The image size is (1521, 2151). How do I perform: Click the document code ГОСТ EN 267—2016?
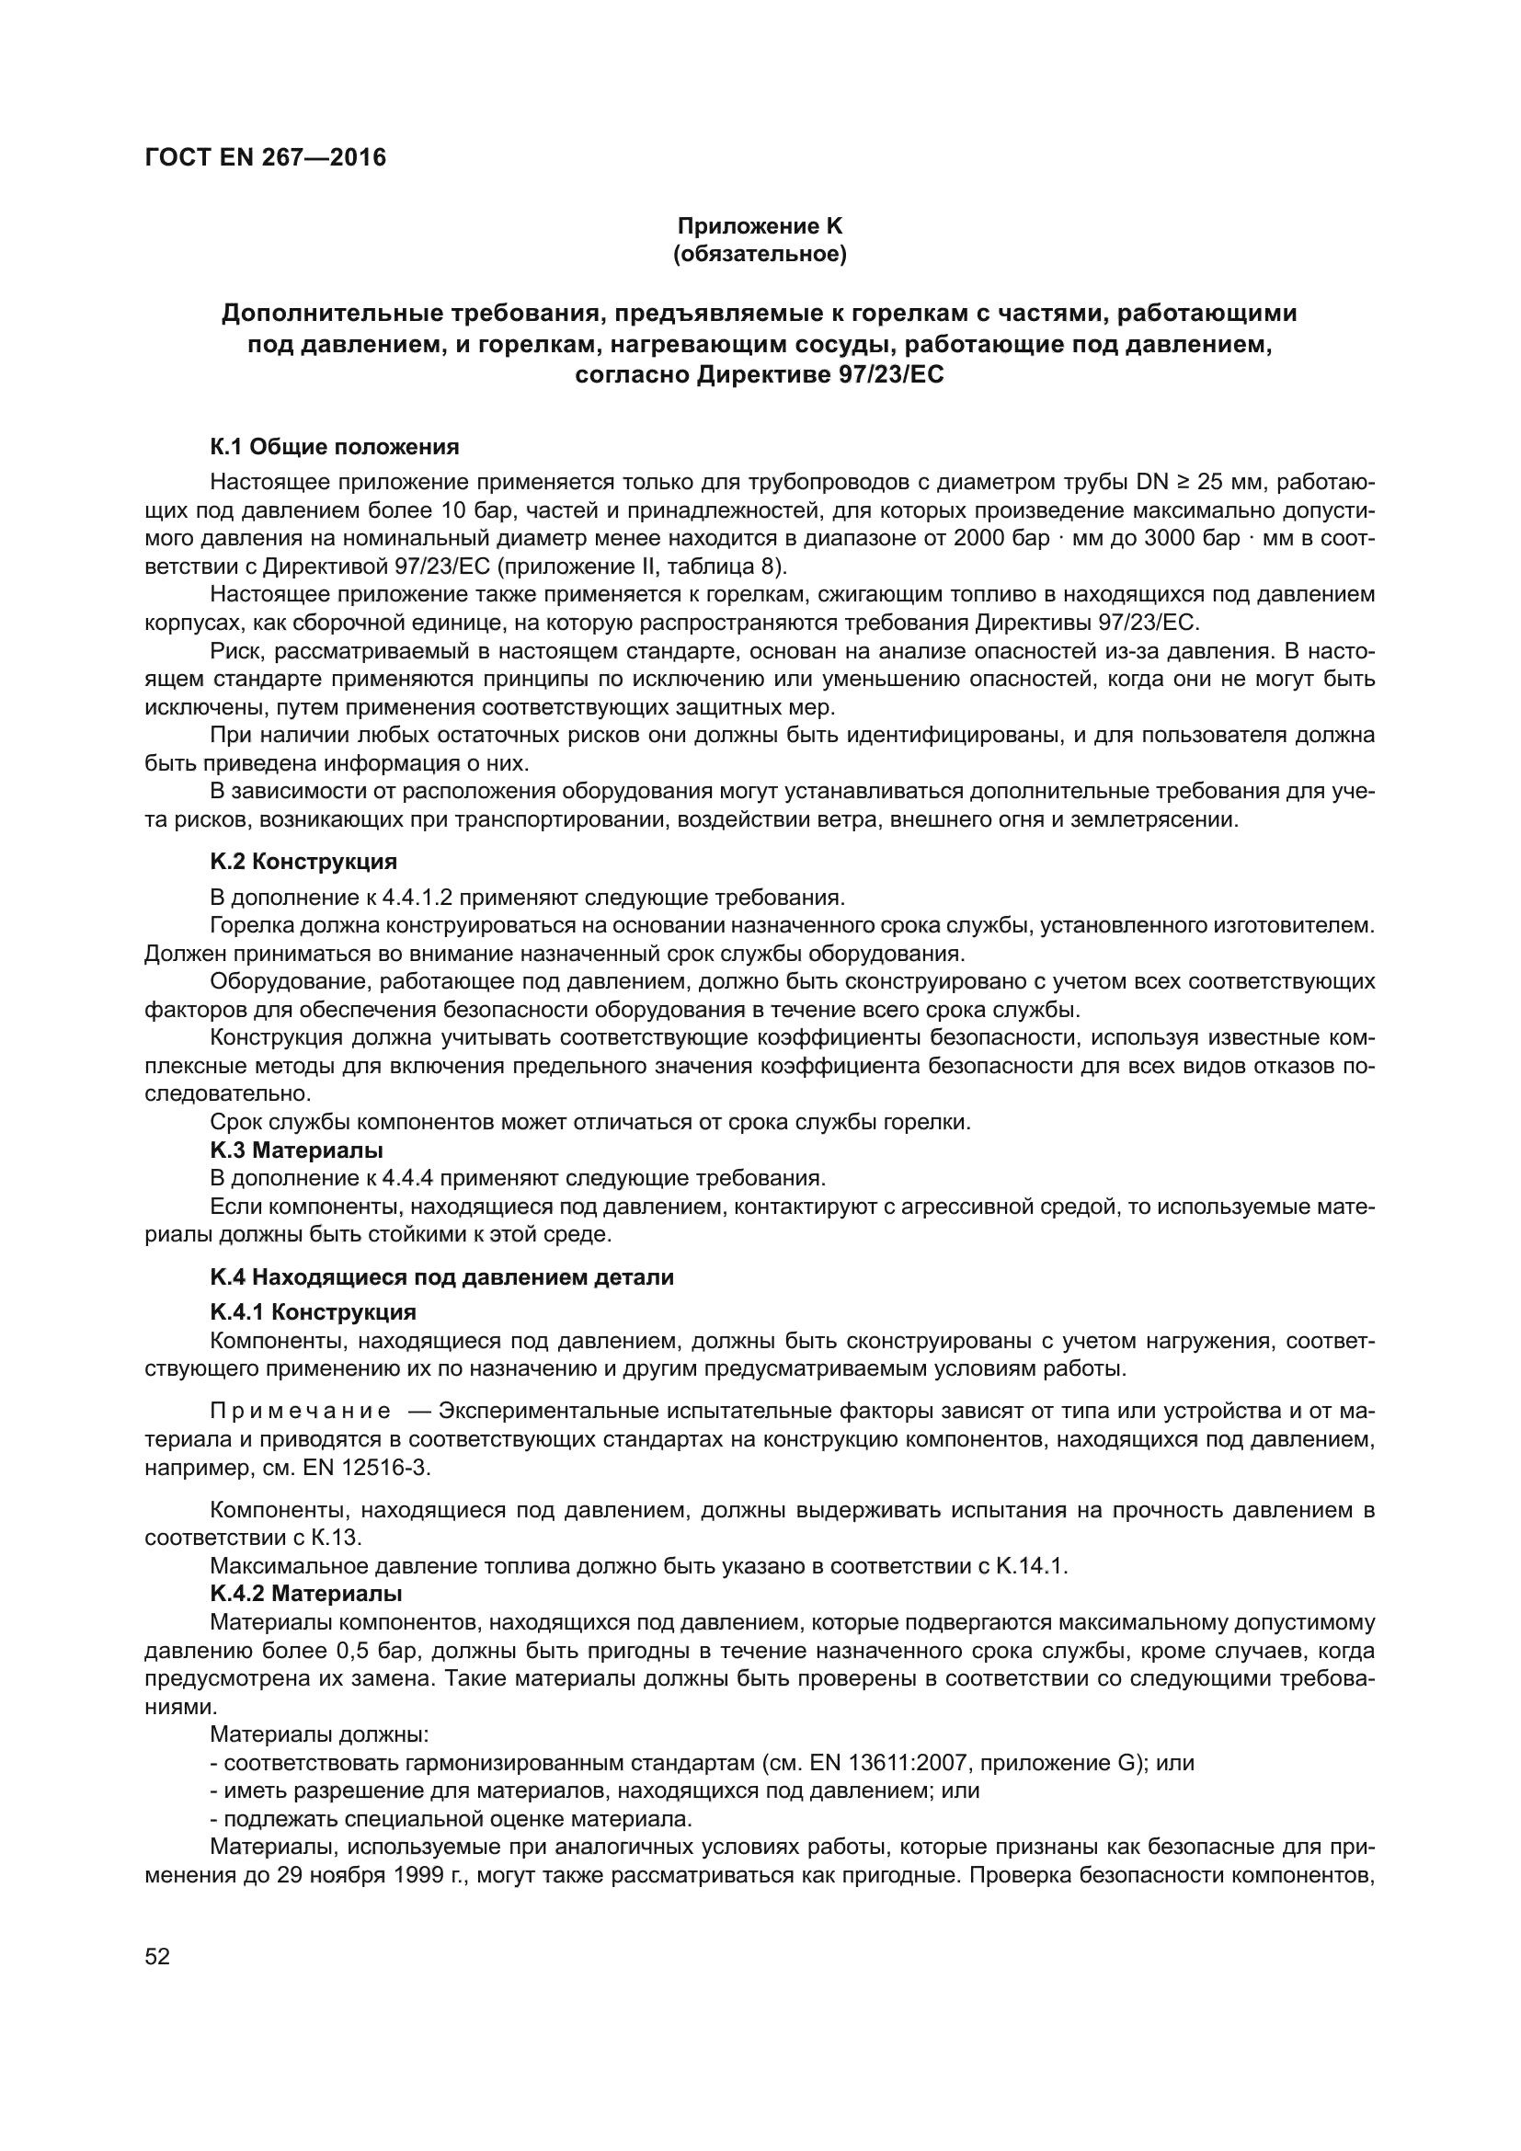coord(265,157)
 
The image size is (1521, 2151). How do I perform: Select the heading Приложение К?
coord(760,226)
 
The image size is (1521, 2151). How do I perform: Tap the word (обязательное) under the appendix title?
coord(760,254)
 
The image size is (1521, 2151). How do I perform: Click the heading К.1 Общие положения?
coord(335,447)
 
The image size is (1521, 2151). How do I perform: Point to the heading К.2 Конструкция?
coord(303,861)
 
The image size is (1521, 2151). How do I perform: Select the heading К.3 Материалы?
coord(297,1150)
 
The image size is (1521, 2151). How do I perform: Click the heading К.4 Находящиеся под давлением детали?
coord(442,1277)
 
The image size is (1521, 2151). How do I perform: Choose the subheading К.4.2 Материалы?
coord(306,1594)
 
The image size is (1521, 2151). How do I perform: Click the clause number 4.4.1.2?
coord(417,898)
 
